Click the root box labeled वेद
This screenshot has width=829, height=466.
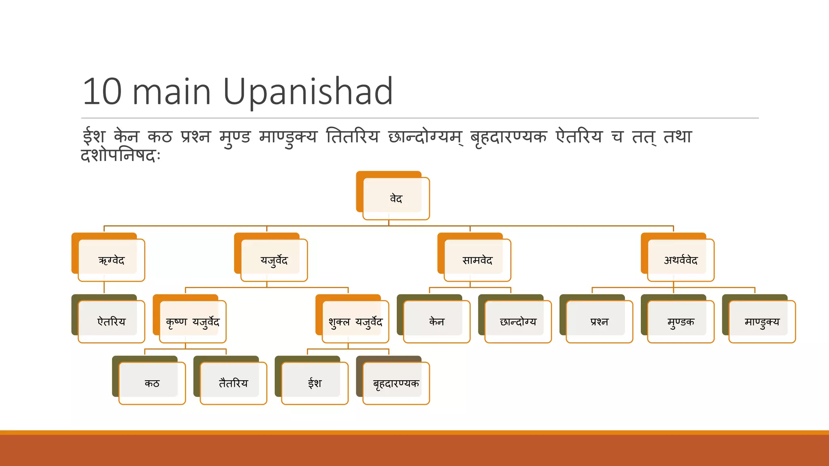(x=396, y=199)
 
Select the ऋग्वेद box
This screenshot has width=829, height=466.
(x=111, y=260)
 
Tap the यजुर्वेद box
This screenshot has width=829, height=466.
(x=274, y=260)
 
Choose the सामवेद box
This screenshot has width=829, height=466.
(x=477, y=260)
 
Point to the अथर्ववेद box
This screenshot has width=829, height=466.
(x=681, y=260)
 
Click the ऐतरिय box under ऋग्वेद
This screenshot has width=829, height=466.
(x=111, y=322)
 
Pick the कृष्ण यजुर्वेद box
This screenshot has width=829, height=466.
(x=193, y=322)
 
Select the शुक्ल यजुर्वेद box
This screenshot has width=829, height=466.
(x=355, y=322)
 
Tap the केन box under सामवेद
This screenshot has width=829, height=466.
(x=437, y=322)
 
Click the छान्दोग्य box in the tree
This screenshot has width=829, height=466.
(x=518, y=322)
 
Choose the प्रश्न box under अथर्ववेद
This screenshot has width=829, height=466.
(x=599, y=322)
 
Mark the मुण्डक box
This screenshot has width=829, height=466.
(x=681, y=322)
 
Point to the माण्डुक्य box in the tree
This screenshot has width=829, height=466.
(x=762, y=322)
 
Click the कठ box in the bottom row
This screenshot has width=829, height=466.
(x=152, y=383)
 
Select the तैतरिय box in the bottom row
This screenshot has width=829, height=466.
(x=234, y=383)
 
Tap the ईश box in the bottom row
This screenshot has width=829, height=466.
(x=315, y=383)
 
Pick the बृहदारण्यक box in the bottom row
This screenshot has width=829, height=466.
(x=396, y=383)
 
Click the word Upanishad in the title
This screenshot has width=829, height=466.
(x=308, y=92)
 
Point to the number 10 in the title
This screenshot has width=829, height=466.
(x=102, y=92)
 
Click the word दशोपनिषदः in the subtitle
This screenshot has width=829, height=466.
(x=121, y=155)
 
